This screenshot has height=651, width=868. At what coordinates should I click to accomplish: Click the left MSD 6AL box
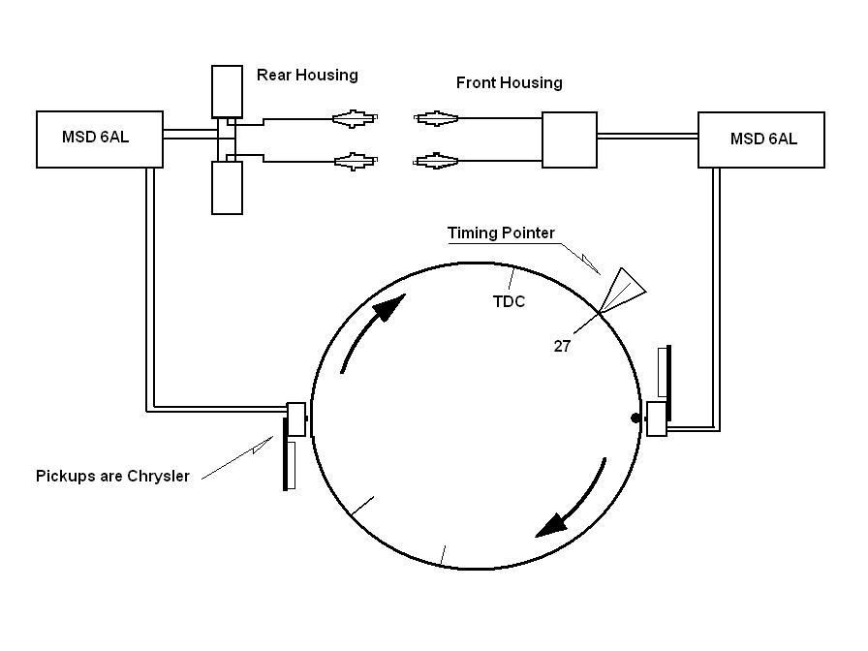(x=95, y=139)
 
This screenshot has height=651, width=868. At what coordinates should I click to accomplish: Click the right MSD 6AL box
(x=761, y=139)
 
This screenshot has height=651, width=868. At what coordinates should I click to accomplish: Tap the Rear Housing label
(x=307, y=75)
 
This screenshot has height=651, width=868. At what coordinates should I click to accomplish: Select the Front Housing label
(x=509, y=83)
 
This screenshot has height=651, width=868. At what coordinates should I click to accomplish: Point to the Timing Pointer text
(x=501, y=233)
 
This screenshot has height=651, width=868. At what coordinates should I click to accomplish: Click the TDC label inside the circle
(x=509, y=301)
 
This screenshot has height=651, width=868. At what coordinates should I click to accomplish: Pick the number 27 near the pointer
(x=562, y=345)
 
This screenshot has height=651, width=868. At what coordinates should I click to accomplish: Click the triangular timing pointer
(x=621, y=288)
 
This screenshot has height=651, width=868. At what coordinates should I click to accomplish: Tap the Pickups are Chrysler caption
(x=112, y=476)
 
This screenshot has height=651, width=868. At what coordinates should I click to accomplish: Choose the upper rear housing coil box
(x=227, y=91)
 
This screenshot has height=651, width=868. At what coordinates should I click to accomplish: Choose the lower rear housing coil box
(x=227, y=187)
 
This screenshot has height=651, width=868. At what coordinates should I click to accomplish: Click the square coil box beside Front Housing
(x=569, y=139)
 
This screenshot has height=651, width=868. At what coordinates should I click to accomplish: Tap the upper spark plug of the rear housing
(x=354, y=118)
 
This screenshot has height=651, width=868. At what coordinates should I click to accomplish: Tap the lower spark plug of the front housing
(x=438, y=160)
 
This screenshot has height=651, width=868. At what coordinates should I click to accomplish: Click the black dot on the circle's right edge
(x=636, y=418)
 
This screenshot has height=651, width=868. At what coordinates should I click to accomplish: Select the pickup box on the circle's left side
(x=296, y=418)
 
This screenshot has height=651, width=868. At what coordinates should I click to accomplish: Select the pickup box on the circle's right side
(x=657, y=418)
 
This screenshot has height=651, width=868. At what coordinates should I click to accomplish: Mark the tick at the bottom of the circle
(x=443, y=556)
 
